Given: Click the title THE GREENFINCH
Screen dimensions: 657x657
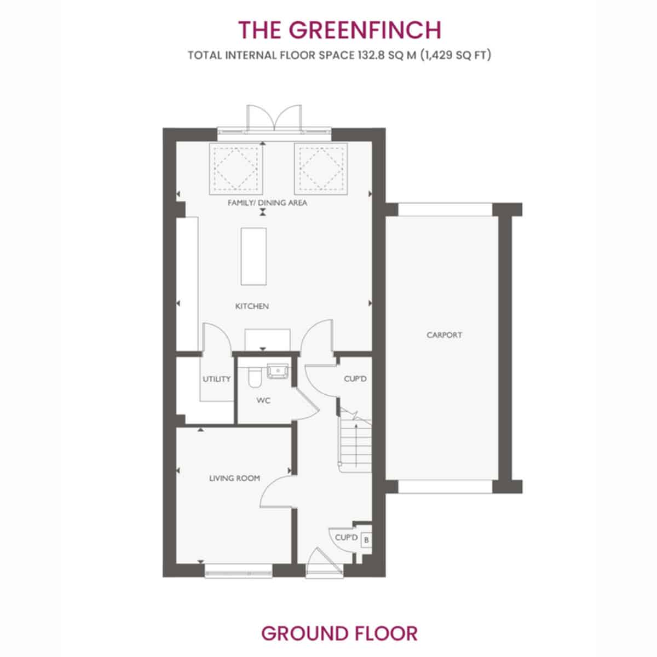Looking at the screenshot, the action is pos(339,30).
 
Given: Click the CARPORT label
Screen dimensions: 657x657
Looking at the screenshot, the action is pos(444,335).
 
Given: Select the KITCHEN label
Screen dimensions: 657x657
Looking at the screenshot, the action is pos(252,306).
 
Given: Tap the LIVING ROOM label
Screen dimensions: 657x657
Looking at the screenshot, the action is pos(234,479).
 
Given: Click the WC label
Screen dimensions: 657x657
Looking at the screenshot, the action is pos(263,400).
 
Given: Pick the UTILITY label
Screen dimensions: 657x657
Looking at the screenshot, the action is pos(216,379).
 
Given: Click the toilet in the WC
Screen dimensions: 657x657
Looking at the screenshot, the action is pos(255,378).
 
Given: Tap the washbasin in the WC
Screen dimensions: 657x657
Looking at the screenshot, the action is pos(278,371).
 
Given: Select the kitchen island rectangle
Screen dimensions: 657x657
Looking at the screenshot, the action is pos(253,256).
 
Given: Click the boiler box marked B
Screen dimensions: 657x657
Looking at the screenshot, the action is pos(366,540).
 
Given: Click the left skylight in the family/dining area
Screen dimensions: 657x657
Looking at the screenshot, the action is pos(235,169).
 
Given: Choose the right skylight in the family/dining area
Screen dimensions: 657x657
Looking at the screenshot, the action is pos(321,169).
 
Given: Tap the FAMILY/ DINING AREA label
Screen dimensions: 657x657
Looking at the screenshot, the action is pos(267,203).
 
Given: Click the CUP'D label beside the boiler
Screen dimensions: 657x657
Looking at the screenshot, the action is pos(347,538).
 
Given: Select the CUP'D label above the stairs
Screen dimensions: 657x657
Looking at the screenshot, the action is pos(355,379).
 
